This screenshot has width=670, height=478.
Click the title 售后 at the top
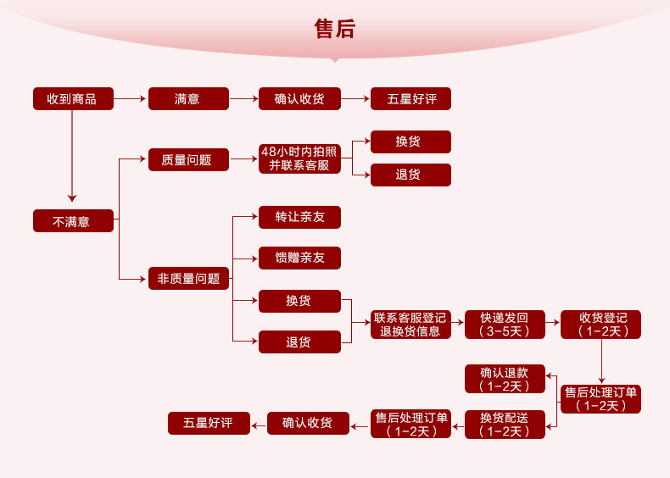coord(334,30)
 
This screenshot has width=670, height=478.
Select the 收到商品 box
coord(72,99)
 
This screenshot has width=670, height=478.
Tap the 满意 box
coord(188,99)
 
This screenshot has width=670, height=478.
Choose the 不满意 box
coord(72,221)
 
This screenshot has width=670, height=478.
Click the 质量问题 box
coord(188,159)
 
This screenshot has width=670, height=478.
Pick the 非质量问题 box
coord(188,278)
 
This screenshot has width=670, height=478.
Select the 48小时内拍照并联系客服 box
coord(299,159)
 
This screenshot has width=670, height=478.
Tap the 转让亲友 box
coord(299,217)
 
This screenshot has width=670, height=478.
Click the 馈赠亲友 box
coord(299,258)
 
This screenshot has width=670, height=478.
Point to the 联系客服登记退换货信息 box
coord(410,325)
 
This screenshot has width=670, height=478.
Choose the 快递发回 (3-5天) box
coord(505,325)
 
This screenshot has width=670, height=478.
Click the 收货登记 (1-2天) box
coord(601,325)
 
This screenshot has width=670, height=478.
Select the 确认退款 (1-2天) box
coord(505,379)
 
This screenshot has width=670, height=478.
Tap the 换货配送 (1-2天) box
coord(505,424)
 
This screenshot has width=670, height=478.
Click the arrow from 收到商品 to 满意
coord(130,99)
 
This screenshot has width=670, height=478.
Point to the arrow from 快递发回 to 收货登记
coord(552,325)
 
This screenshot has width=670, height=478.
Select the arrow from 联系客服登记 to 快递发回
coord(456,325)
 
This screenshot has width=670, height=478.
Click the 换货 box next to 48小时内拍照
coord(410,142)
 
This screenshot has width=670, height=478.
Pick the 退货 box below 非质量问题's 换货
coord(299,342)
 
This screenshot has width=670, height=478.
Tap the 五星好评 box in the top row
coord(410,99)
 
